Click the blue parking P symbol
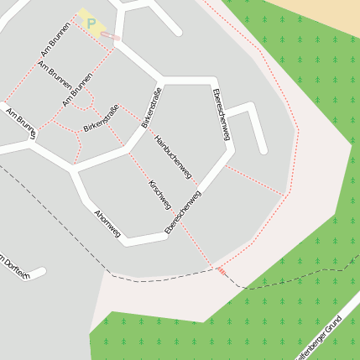(x=91, y=23)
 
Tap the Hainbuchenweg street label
(x=174, y=157)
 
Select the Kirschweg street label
(x=159, y=195)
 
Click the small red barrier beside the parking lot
(x=117, y=39)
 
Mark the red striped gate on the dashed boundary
(x=221, y=270)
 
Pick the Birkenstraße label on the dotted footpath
(x=101, y=118)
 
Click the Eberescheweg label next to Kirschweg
(x=184, y=212)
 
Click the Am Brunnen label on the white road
(x=20, y=121)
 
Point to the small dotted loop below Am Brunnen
(x=81, y=102)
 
